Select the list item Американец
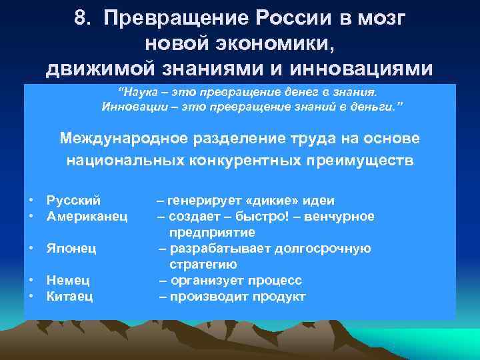(x=87, y=216)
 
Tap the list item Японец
(x=71, y=248)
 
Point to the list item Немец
(x=68, y=280)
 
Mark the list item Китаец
(x=69, y=296)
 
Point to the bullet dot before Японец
(x=31, y=249)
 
